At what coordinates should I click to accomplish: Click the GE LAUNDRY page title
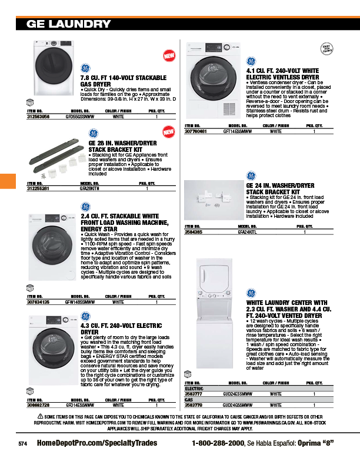coord(68,24)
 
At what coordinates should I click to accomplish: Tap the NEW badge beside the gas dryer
coord(169,55)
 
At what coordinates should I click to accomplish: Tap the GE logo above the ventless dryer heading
coord(251,62)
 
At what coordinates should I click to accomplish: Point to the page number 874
coord(23,443)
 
